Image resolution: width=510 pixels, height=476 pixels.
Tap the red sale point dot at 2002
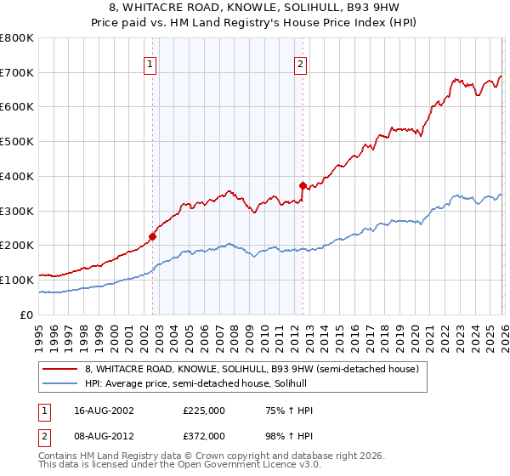pyautogui.click(x=153, y=236)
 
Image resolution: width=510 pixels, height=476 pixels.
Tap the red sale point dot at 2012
pyautogui.click(x=303, y=185)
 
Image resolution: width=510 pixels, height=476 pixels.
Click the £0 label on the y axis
pyautogui.click(x=27, y=314)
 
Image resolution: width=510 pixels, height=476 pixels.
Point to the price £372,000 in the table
pyautogui.click(x=204, y=435)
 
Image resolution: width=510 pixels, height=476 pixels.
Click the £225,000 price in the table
pyautogui.click(x=204, y=411)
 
